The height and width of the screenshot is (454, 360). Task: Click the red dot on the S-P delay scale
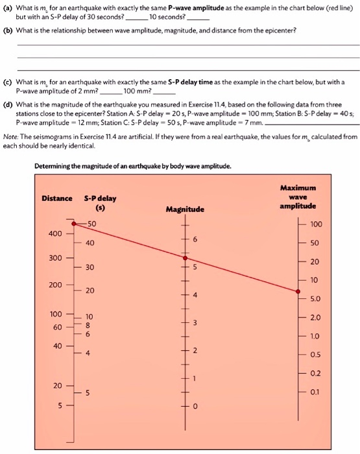73,224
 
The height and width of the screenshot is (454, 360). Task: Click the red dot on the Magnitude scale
185,257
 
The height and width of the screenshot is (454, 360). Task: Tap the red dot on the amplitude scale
298,291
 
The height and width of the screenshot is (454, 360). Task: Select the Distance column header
57,198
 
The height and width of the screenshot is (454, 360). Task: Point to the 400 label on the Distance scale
55,233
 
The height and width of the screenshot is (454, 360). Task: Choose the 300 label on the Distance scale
55,258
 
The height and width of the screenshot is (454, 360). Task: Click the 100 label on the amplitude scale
316,224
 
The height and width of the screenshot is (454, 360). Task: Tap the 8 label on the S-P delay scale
88,324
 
